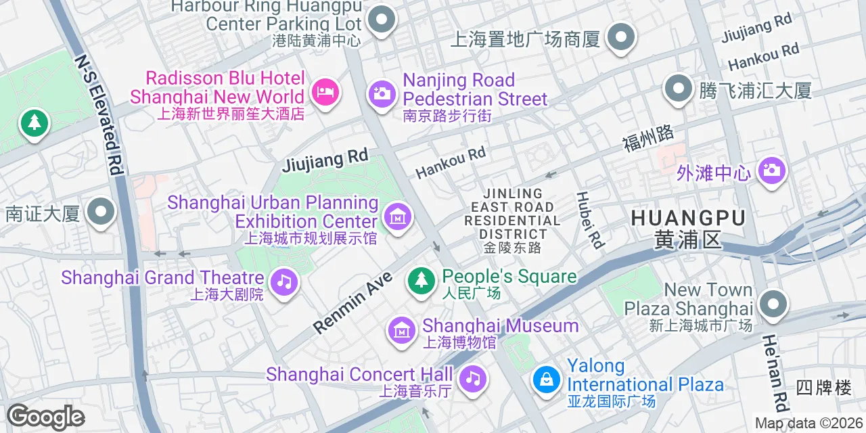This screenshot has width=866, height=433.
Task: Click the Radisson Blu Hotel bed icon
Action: coord(326,91)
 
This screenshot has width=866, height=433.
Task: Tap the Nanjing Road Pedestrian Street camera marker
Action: coord(382,93)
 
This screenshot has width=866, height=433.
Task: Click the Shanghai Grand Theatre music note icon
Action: coord(284,281)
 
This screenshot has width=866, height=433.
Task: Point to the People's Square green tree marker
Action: coord(422,279)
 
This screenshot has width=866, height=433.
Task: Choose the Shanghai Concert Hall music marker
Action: coord(473,378)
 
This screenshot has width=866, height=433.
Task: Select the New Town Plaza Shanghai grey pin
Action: coord(773,304)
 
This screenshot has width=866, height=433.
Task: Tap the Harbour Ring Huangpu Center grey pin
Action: coord(382,19)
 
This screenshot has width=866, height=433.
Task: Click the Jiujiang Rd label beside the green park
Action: coord(325,161)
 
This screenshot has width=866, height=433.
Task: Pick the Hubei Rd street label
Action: coord(589,219)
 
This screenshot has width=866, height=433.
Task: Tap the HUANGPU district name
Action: coord(688,218)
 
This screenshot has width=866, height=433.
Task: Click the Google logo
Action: coord(45,417)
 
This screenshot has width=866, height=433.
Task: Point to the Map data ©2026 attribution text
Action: coord(809,424)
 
